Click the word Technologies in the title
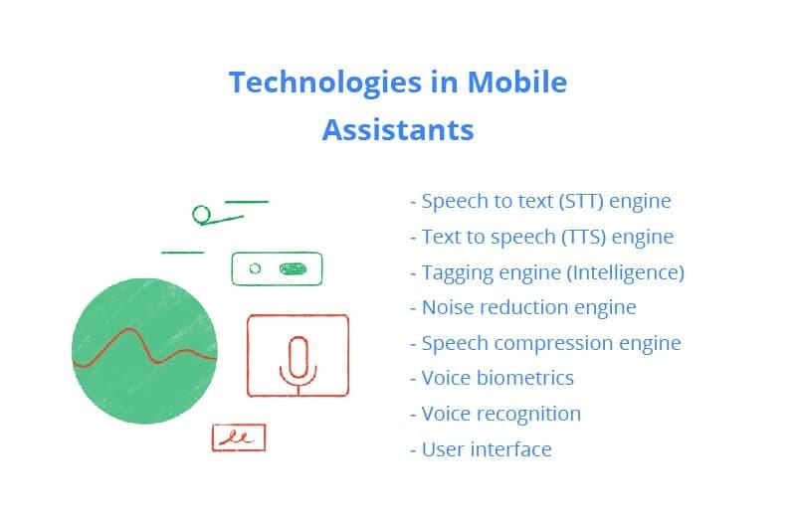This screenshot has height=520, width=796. click(325, 84)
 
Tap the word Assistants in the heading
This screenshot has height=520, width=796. click(398, 130)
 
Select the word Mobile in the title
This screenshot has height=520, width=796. click(516, 83)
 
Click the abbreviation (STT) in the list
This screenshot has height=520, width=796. click(581, 202)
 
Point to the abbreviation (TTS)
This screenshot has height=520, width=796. click(583, 237)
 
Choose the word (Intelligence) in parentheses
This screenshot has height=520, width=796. click(626, 273)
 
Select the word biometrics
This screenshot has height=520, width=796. click(525, 378)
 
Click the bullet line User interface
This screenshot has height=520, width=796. click(481, 449)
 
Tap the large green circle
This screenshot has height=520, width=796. click(144, 351)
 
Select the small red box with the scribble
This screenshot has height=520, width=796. click(239, 437)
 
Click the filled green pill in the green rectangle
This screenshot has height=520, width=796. click(293, 268)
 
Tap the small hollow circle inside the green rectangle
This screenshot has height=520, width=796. click(255, 268)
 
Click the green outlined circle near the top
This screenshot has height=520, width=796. click(202, 215)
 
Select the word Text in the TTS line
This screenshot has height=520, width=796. click(438, 237)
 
